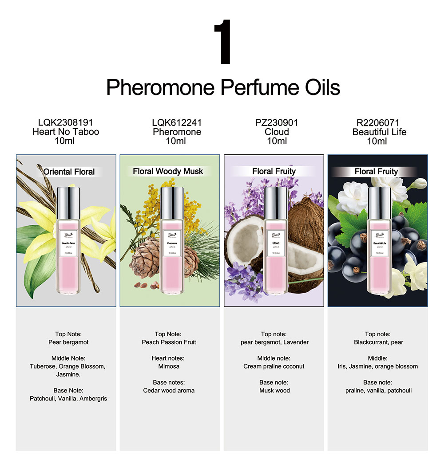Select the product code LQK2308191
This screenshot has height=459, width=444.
66,122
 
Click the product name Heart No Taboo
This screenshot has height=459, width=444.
66,132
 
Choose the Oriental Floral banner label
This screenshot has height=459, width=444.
69,172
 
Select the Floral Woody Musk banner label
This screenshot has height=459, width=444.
168,171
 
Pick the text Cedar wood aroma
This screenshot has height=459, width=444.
169,391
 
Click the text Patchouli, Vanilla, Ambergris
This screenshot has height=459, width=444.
68,399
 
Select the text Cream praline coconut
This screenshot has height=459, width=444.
274,366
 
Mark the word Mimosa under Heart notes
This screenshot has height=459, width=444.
169,366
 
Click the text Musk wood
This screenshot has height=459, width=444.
274,391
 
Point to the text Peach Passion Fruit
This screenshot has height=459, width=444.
169,342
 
